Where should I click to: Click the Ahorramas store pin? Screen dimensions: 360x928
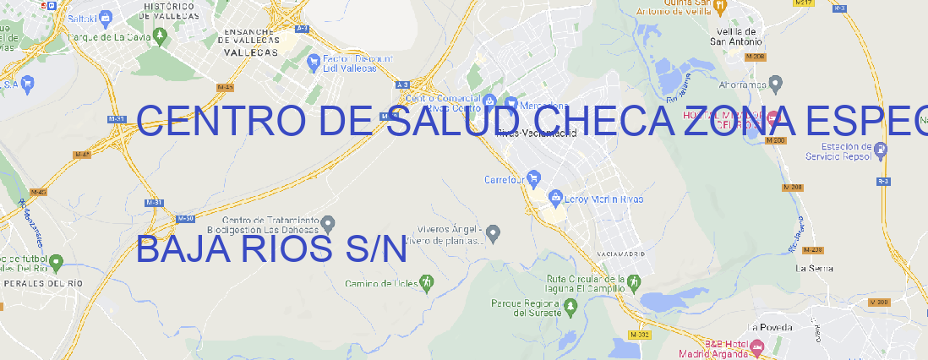coord(776,83)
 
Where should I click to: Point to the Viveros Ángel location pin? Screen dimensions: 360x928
coord(496,232)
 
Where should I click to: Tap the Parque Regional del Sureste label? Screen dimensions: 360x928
coord(525,308)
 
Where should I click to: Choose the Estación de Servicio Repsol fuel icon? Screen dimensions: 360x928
coord(882,150)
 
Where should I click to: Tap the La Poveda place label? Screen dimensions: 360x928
coord(771,327)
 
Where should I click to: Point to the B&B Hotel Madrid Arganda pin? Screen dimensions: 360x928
coord(756,346)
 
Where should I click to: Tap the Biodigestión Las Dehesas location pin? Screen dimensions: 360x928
coord(329,223)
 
